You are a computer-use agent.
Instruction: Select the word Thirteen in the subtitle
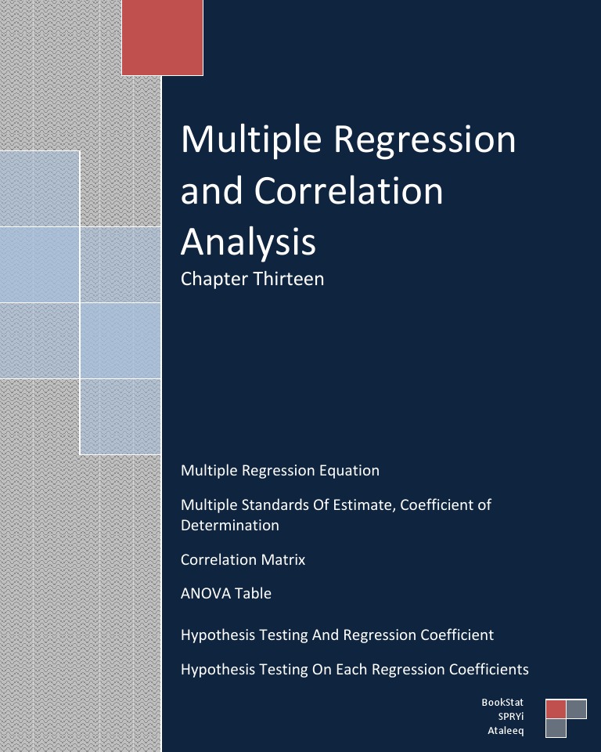(288, 279)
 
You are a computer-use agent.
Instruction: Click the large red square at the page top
(162, 37)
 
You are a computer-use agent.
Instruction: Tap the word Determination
(229, 525)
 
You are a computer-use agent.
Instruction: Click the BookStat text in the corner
(502, 703)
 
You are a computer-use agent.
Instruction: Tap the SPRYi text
(511, 717)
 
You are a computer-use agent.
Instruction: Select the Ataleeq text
(506, 731)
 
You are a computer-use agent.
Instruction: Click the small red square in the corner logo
(556, 709)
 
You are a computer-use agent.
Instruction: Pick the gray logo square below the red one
(556, 728)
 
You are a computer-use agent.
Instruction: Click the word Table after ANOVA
(256, 593)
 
